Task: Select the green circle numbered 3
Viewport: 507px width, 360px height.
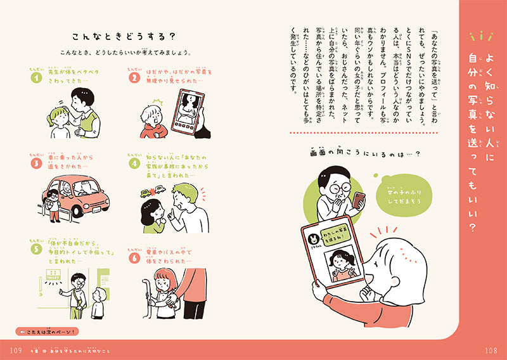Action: coord(36,163)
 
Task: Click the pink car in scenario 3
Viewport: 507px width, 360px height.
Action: coord(79,193)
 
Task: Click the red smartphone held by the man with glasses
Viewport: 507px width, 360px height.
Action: coord(359,200)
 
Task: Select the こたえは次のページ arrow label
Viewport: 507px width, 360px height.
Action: coord(47,331)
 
